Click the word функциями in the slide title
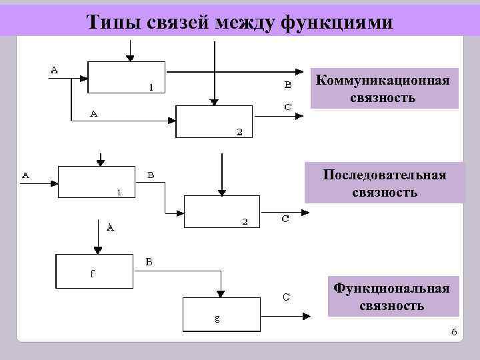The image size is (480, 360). tap(338, 22)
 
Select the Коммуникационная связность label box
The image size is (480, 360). tap(383, 89)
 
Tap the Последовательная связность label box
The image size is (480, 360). tap(384, 183)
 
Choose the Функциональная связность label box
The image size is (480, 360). tap(392, 297)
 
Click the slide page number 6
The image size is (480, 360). tap(453, 331)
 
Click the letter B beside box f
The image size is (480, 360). tap(149, 263)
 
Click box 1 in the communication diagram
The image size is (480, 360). tap(126, 77)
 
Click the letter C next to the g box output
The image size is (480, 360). tap(285, 297)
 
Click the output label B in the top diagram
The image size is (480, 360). tap(287, 84)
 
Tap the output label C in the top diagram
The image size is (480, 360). tap(287, 106)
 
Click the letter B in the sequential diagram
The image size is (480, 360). tap(151, 175)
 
